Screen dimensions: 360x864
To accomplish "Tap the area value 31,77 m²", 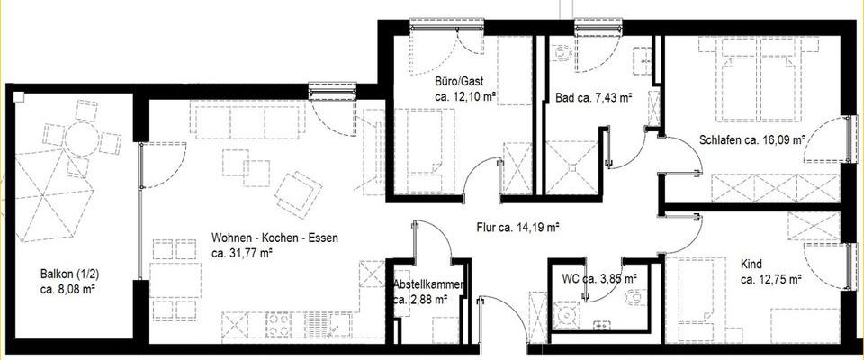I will (x=242, y=253).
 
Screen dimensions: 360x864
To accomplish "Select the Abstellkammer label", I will (x=429, y=286).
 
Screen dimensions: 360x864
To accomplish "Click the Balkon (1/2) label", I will (x=68, y=274).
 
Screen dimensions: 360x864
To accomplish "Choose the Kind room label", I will (x=751, y=264).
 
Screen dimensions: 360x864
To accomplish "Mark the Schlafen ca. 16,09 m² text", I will (x=751, y=140).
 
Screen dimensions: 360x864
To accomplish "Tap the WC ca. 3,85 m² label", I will (x=599, y=278).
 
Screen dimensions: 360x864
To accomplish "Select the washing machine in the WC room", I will (x=567, y=316).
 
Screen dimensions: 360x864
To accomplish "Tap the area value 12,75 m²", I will (x=771, y=280).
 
